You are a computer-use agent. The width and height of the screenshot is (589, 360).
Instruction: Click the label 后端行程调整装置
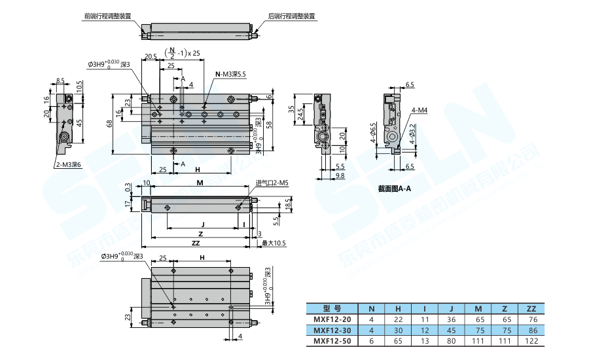pos(291,16)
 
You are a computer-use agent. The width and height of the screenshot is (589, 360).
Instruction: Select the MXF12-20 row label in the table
pos(332,319)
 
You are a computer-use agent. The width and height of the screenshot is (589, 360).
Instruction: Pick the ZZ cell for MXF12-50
pos(531,341)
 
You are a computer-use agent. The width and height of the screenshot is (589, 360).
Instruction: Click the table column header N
pos(372,308)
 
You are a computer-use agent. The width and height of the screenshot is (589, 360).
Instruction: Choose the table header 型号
pos(332,308)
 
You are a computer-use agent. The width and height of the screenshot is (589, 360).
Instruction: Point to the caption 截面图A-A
pos(395,189)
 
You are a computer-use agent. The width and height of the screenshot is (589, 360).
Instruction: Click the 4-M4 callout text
pos(419,111)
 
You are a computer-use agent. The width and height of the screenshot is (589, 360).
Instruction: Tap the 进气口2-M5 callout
pos(272,183)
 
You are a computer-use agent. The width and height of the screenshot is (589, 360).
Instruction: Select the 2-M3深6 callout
pos(68,165)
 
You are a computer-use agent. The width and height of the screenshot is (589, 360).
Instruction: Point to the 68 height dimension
pos(109,122)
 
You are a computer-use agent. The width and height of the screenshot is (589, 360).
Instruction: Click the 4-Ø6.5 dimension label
pos(374,134)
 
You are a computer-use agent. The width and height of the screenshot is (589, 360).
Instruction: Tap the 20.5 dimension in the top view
pos(151,57)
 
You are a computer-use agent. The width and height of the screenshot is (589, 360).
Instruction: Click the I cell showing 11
pos(425,319)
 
